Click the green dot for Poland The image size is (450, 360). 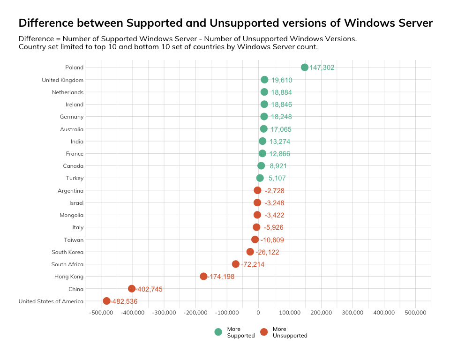pos(305,67)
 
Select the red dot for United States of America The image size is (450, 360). pos(106,301)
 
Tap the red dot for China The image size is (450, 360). pos(132,289)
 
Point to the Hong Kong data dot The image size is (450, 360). pos(203,277)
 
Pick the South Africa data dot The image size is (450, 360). pos(236,264)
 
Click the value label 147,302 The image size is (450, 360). pos(322,67)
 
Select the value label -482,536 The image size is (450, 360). pos(124,301)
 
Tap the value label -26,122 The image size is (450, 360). pos(267,252)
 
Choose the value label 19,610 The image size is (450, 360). pos(282,80)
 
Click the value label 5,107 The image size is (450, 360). pos(277,178)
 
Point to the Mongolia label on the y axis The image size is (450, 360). pos(71,215)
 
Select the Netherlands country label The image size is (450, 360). pos(67,92)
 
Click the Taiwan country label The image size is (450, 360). pos(74,240)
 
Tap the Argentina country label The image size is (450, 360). pos(70,191)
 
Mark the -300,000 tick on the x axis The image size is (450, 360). pos(164,312)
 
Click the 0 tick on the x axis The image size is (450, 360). pos(258,312)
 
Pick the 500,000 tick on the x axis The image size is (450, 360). pos(415,312)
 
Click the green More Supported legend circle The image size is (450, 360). pos(218,332)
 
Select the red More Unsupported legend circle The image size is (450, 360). pos(264,332)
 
